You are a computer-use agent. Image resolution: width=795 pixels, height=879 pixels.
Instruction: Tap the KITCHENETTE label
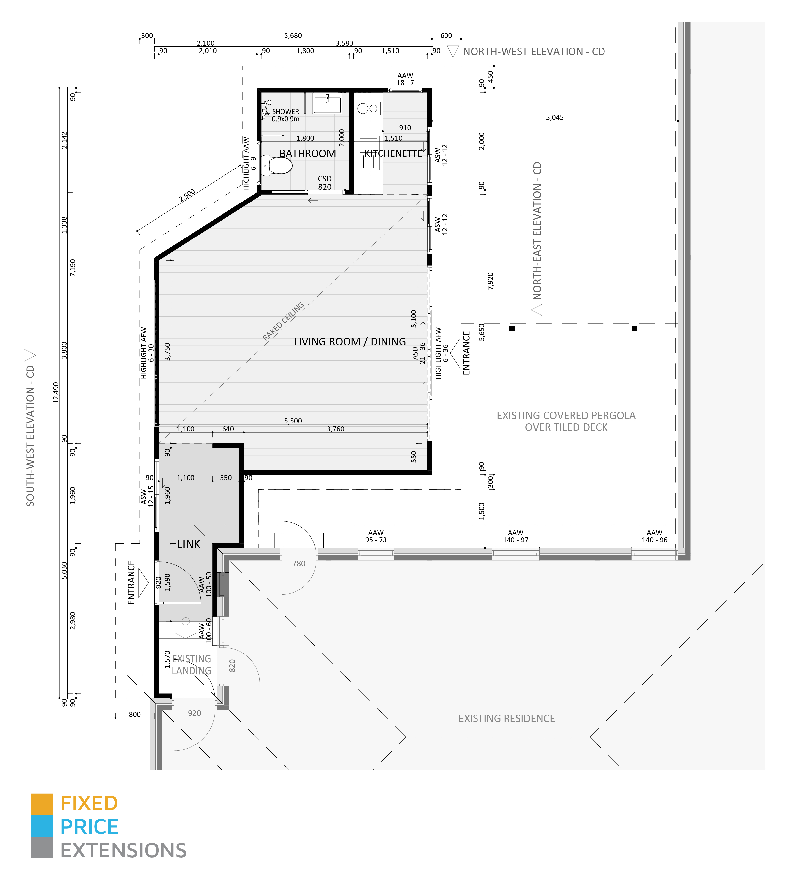(x=393, y=153)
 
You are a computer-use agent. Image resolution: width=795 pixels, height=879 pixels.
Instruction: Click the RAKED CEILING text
(x=283, y=321)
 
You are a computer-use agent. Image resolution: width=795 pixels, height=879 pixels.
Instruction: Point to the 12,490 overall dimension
(x=56, y=392)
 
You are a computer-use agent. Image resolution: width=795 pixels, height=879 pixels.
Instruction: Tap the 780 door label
(x=299, y=563)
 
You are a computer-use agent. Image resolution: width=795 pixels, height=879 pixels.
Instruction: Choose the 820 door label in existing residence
(x=232, y=665)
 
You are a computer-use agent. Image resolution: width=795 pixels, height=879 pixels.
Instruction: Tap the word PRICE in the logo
(x=89, y=827)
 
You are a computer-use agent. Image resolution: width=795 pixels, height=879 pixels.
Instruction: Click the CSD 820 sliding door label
(x=325, y=183)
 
